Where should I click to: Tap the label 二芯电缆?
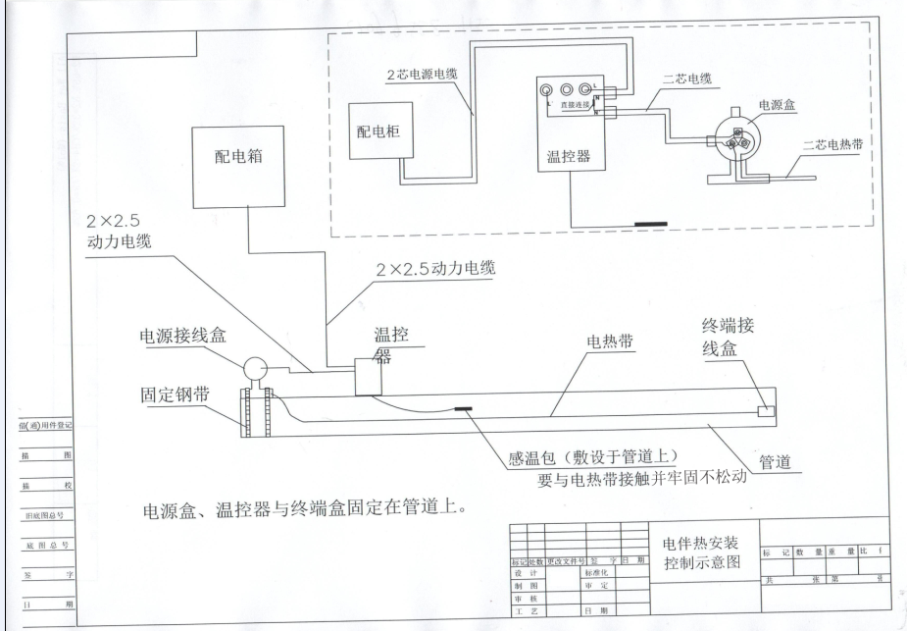[x=680, y=81]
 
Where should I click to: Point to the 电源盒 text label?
[x=778, y=103]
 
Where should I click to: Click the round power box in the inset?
[x=731, y=134]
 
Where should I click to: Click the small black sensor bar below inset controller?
[x=650, y=223]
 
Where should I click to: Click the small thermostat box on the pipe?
[x=370, y=376]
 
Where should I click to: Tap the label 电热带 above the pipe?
[x=611, y=341]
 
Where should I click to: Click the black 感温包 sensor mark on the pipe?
[x=462, y=409]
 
